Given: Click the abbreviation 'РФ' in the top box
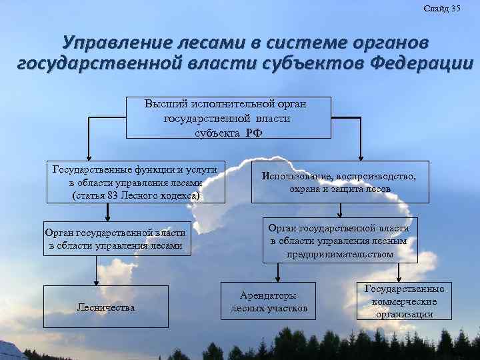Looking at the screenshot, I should (253, 131).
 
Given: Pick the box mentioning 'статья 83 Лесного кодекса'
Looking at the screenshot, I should (136, 182).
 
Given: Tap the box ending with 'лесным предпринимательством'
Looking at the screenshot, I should (339, 241).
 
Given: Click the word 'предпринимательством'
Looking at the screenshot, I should (339, 254).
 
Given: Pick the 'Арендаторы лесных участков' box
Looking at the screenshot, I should (269, 301).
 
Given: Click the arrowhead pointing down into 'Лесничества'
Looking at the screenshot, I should (98, 281).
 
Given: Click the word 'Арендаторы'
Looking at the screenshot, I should (269, 295).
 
